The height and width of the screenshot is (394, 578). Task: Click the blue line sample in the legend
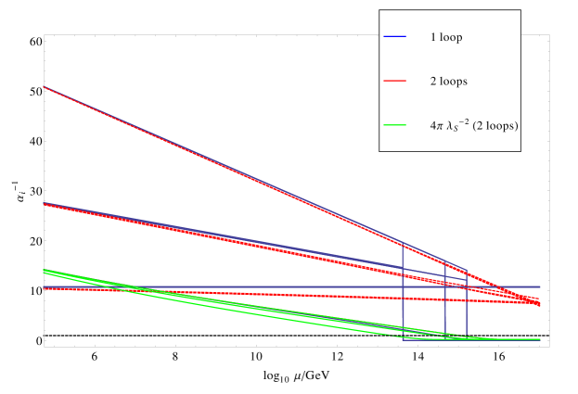(x=395, y=37)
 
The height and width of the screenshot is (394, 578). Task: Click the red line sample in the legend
(x=395, y=82)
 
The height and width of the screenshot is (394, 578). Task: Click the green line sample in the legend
(x=395, y=125)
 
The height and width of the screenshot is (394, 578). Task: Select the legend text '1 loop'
(x=445, y=38)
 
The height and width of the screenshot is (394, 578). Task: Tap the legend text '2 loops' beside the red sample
(x=448, y=82)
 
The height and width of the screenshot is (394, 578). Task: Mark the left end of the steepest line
(x=44, y=86)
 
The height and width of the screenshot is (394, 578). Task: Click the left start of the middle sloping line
(x=44, y=203)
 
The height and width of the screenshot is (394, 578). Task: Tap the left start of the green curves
(x=44, y=271)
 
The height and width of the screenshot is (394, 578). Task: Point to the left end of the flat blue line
(x=44, y=287)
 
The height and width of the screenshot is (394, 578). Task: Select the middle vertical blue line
(x=445, y=301)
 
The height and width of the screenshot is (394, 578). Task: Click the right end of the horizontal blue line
(x=539, y=287)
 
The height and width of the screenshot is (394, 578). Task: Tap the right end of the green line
(x=539, y=340)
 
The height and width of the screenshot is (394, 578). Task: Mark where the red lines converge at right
(x=538, y=303)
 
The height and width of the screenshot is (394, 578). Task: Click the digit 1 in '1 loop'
(x=432, y=38)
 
